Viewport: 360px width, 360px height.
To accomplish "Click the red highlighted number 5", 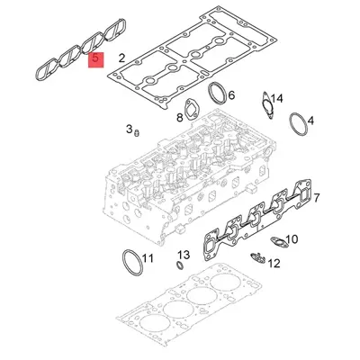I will point(94,61).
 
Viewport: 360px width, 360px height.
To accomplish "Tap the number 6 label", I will point(231,94).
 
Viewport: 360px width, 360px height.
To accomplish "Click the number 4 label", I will point(310,120).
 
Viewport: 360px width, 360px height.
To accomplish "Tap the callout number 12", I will point(274,264).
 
